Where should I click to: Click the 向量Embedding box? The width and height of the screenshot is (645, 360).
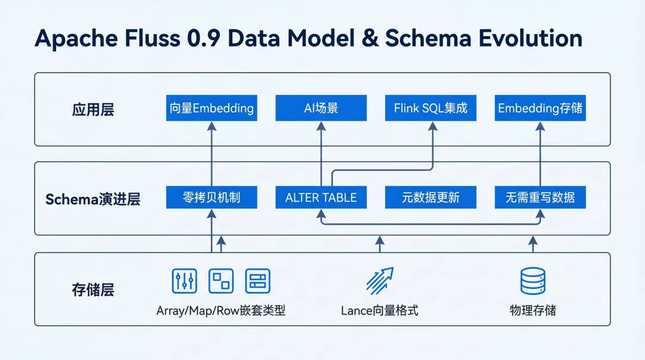point(211,108)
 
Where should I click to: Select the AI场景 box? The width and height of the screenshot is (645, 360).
point(321,108)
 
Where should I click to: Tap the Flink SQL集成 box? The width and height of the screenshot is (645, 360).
point(431,108)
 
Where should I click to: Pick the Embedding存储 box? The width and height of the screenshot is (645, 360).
point(540,108)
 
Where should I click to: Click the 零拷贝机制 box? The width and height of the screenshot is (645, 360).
point(211,198)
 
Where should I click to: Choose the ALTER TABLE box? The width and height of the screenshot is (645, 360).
point(321,198)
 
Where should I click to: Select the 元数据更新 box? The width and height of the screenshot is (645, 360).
point(431,198)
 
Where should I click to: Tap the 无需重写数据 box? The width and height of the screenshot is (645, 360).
point(540,198)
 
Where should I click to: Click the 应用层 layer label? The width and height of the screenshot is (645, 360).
point(93,109)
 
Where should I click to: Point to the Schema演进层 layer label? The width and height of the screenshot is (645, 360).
point(93,199)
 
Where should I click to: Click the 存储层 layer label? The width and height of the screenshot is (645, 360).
point(93,290)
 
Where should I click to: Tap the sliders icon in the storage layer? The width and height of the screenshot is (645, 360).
point(184,281)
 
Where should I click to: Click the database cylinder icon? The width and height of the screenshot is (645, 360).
point(533,281)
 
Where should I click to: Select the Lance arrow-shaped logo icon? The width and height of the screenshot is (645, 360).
point(379,279)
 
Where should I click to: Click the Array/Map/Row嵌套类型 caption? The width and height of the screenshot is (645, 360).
point(221,311)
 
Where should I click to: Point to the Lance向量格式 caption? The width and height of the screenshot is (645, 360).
point(380,311)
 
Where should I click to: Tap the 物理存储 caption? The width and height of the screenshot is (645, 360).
point(533,311)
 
